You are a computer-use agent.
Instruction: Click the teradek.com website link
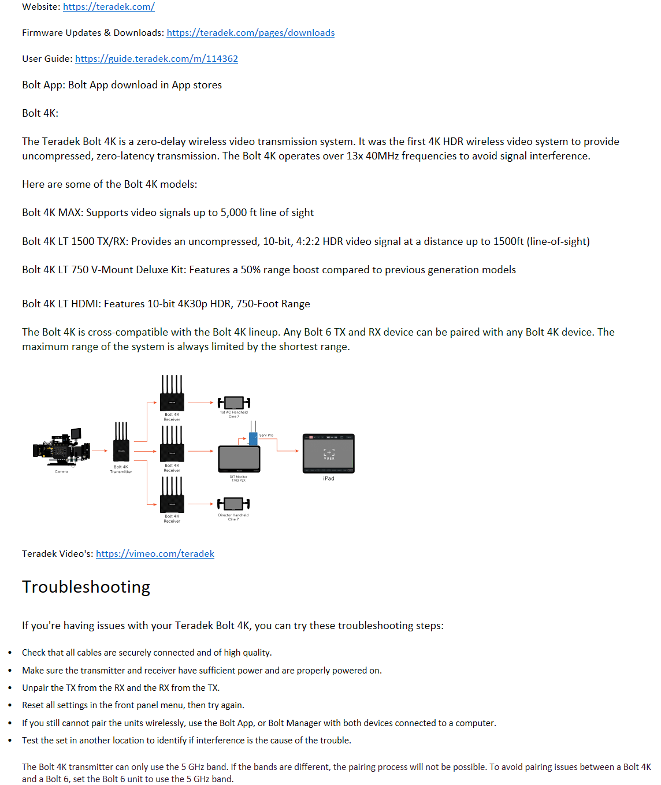(109, 7)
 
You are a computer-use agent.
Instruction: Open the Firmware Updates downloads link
(250, 33)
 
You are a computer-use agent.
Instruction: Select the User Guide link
(156, 59)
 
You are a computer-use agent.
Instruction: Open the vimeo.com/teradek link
(155, 554)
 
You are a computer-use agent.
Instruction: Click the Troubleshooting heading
(86, 587)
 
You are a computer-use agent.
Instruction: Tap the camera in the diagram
(61, 448)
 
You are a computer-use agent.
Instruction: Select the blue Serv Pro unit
(253, 438)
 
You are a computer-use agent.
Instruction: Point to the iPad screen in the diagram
(328, 453)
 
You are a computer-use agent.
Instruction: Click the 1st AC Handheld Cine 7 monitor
(233, 403)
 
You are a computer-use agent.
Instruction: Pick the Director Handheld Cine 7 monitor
(233, 504)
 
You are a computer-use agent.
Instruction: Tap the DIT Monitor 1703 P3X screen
(239, 459)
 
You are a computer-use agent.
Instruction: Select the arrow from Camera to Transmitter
(99, 451)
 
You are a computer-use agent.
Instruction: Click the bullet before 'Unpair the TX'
(10, 688)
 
